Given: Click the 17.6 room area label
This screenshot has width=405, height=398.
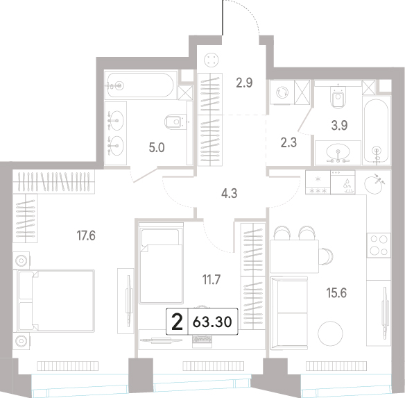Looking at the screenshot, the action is tap(86, 235).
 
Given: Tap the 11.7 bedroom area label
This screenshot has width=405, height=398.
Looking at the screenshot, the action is tap(212, 280).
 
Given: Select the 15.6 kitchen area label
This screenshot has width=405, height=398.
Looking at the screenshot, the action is tap(336, 293).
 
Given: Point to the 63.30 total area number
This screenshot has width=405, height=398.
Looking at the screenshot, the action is tap(212, 322).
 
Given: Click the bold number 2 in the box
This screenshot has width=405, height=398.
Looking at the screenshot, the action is tap(178, 322).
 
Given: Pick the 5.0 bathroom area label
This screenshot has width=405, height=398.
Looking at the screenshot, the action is tap(157, 148).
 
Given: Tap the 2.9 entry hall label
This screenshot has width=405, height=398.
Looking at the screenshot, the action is tap(244, 83).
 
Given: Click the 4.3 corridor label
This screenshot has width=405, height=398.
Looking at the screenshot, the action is tap(230, 193).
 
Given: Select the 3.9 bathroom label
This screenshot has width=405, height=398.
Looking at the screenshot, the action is tap(339, 126).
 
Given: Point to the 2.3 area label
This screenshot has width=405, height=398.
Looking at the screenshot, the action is tap(288, 142).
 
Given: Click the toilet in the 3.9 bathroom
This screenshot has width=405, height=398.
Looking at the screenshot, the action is tap(338, 97).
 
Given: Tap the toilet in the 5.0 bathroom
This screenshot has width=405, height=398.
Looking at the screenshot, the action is tap(175, 122).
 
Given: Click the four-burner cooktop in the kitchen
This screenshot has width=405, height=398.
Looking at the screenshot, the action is tap(379, 245).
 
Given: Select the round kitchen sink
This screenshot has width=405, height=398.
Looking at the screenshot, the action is tap(373, 184).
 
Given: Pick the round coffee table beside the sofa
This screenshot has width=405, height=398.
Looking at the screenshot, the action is tap(330, 333).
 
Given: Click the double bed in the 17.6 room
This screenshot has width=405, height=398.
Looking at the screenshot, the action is tap(53, 301).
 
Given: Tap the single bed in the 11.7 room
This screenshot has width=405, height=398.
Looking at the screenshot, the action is tap(161, 263).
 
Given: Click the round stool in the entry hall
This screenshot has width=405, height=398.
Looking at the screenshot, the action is tap(212, 60).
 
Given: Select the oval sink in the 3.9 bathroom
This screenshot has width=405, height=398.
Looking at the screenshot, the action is tap(338, 152).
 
